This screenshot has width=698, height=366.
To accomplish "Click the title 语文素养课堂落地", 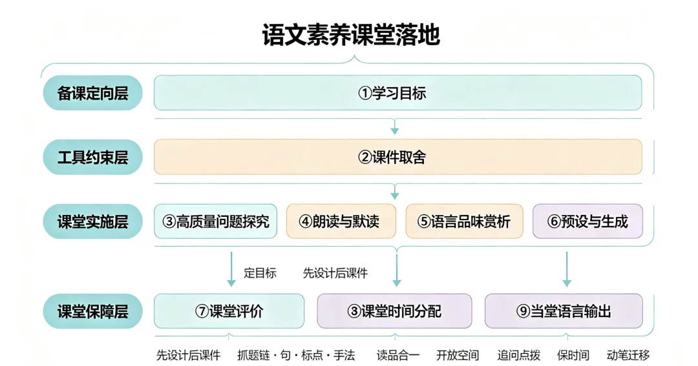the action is [351, 35].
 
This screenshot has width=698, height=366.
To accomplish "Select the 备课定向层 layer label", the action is [92, 93].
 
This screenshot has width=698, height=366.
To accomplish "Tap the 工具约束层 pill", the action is [92, 157].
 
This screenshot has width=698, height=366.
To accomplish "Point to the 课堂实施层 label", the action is [92, 221].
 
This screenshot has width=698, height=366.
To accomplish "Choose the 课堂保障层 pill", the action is [92, 311].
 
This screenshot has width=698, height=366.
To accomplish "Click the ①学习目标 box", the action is [398, 92].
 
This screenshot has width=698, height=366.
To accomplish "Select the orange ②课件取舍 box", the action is [398, 157].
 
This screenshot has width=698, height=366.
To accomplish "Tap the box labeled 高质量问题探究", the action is [215, 221].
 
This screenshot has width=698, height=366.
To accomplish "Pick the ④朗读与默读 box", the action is [341, 221].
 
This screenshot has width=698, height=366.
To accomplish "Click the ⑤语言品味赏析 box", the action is [464, 221].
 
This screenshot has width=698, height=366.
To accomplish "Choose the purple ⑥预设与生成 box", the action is [587, 221].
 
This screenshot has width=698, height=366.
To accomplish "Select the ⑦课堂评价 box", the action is [229, 311].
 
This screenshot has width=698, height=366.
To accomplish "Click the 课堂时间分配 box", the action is [394, 311].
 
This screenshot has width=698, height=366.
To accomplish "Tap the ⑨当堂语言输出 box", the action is [564, 311].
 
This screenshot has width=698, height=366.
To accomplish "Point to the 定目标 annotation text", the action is [260, 273].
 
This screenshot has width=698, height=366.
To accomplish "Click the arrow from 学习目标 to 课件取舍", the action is [394, 127].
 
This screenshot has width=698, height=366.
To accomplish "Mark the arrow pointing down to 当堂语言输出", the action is [567, 269].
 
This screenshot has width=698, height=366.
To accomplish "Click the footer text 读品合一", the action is [398, 355].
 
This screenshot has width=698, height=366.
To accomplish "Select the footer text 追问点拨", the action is [518, 355].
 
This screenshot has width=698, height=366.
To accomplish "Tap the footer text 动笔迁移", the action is [628, 355].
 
